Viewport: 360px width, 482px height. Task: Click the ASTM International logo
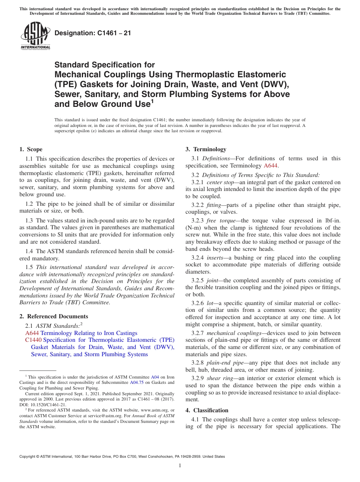(x=35, y=36)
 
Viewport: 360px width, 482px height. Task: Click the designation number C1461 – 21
(x=93, y=33)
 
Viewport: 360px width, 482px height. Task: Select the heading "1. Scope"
(x=31, y=149)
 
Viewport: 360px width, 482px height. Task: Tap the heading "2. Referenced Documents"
(x=54, y=316)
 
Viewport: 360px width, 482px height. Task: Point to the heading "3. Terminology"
(x=206, y=149)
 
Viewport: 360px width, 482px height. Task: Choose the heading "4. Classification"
(x=207, y=410)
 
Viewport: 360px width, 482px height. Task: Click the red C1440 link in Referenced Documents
(x=32, y=340)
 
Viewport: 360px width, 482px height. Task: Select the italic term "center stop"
(x=220, y=182)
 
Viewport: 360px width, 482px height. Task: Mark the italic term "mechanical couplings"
(x=230, y=333)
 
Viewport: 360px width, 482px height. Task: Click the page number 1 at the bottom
(x=180, y=466)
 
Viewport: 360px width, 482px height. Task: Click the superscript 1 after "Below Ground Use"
(x=152, y=101)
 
